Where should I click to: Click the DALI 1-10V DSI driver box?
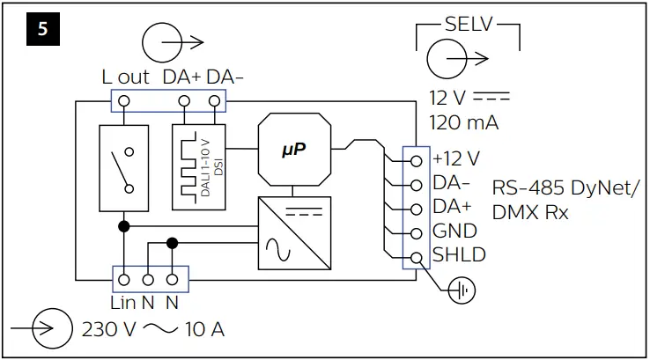tap(200, 166)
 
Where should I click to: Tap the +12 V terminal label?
tap(456, 159)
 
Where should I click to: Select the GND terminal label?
tap(454, 232)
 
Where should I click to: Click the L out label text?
tap(125, 77)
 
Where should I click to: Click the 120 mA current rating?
tap(463, 122)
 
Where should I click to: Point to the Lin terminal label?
tap(122, 302)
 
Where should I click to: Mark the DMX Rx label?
tap(530, 212)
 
